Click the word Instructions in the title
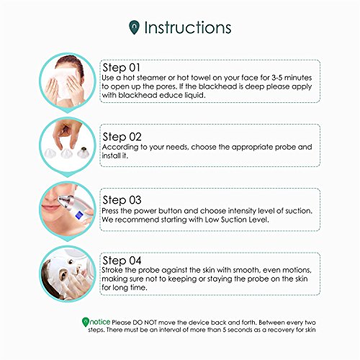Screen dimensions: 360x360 coord(188,27)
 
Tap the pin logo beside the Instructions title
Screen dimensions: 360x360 coord(134,27)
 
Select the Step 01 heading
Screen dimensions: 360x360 coord(121,68)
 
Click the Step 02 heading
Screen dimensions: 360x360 coord(122,137)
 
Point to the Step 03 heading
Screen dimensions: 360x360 coord(122,200)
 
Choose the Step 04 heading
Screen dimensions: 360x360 coord(122,261)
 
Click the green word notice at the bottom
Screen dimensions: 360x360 coord(100,322)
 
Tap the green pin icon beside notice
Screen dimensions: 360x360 coord(86,322)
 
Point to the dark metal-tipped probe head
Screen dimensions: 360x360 coord(83,152)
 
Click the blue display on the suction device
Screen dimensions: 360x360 coord(78,213)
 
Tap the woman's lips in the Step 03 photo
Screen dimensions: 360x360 coord(50,207)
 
